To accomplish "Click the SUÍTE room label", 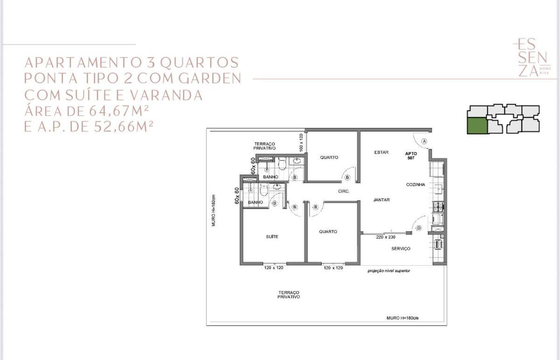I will (272, 237).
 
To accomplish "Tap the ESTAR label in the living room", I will (381, 152).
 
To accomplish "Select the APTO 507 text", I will (411, 156).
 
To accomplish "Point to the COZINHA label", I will (415, 185).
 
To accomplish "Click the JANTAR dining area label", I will (381, 200).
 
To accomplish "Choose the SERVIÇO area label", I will (400, 249).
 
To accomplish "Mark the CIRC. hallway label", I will (344, 191).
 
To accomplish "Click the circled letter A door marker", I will (424, 141).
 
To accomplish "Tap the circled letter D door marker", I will (419, 228).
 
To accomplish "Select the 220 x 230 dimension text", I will (385, 237).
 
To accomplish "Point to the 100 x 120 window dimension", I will (301, 142).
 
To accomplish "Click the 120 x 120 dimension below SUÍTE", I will (273, 268).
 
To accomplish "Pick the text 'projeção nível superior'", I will (389, 271).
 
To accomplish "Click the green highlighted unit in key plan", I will (477, 126).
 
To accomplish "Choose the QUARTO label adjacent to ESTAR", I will (329, 158).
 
